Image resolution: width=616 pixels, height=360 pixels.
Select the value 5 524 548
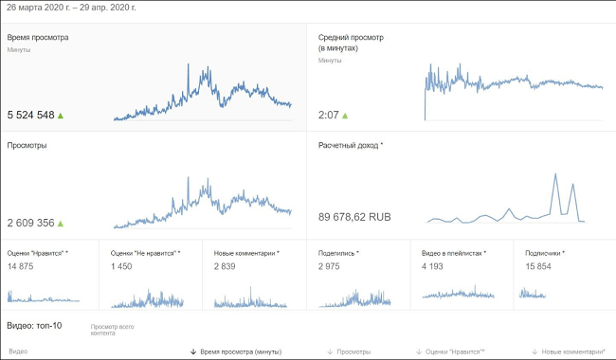pyautogui.click(x=30, y=115)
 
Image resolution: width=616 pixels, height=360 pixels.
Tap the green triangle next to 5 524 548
pyautogui.click(x=61, y=115)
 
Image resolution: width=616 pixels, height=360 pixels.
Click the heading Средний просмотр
pyautogui.click(x=351, y=38)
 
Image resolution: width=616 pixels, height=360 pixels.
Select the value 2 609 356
pyautogui.click(x=30, y=223)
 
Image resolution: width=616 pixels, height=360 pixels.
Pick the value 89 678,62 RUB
pyautogui.click(x=354, y=217)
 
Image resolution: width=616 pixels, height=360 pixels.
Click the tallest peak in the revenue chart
pyautogui.click(x=555, y=175)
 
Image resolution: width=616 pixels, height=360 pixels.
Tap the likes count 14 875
pyautogui.click(x=21, y=266)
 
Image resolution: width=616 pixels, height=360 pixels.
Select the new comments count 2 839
pyautogui.click(x=226, y=266)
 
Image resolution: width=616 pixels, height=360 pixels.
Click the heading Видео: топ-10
pyautogui.click(x=34, y=325)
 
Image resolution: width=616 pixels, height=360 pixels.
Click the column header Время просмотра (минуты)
pyautogui.click(x=240, y=351)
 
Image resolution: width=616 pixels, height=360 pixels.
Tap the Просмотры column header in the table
pyautogui.click(x=353, y=351)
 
